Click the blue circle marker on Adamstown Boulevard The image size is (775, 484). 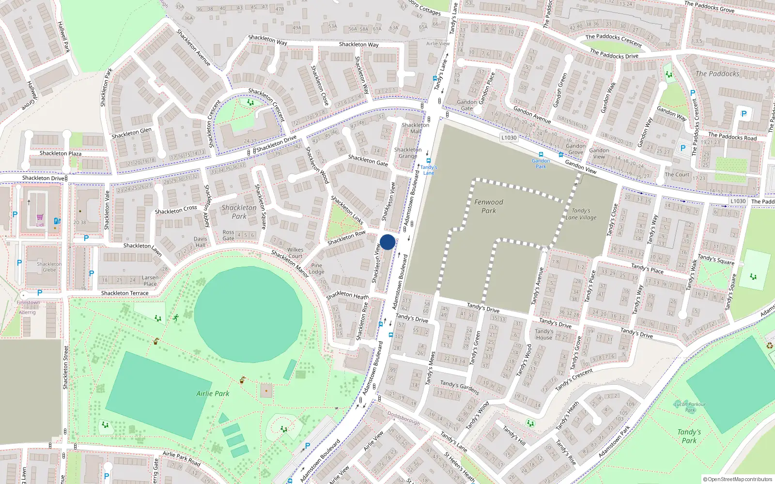[x=387, y=242]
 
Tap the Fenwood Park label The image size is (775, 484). [x=488, y=206]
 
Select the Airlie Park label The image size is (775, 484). [x=213, y=393]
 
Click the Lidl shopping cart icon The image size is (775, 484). [x=40, y=218]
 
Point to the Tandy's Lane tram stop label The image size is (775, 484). [x=429, y=170]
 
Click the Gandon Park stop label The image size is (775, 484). [x=541, y=164]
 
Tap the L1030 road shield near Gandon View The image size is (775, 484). [x=509, y=137]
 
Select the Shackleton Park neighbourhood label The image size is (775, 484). [x=239, y=212]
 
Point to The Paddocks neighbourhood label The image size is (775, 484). [x=717, y=74]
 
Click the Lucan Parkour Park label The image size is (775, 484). [x=690, y=407]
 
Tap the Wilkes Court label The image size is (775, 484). [x=295, y=253]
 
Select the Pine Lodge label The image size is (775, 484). [x=317, y=268]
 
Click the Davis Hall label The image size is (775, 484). [x=200, y=242]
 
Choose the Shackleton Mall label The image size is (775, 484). [x=415, y=128]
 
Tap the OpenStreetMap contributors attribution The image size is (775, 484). [x=738, y=479]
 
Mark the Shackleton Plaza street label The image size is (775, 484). [x=61, y=153]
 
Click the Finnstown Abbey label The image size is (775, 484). [x=28, y=307]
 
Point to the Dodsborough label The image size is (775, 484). [x=403, y=418]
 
